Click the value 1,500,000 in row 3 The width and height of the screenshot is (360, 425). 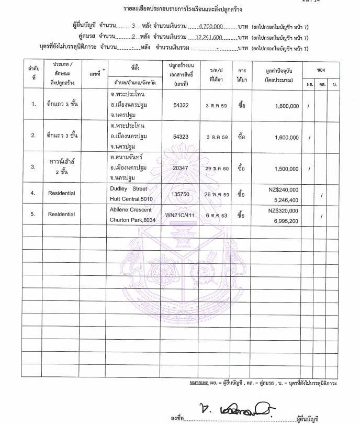pos(286,169)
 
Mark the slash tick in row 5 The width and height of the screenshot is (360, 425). pos(322,216)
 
